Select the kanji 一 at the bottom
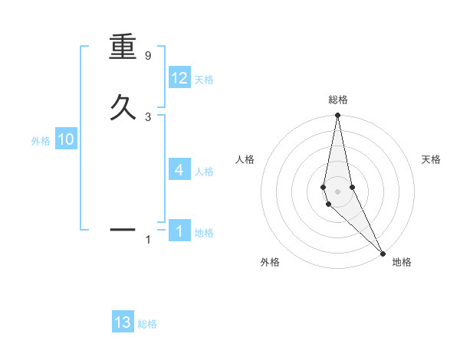pyautogui.click(x=123, y=228)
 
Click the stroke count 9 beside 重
pyautogui.click(x=148, y=56)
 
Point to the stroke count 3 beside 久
pyautogui.click(x=148, y=116)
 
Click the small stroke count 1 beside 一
pyautogui.click(x=148, y=241)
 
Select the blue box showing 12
pyautogui.click(x=179, y=78)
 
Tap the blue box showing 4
pyautogui.click(x=179, y=169)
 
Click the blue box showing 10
pyautogui.click(x=65, y=139)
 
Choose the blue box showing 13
pyautogui.click(x=123, y=322)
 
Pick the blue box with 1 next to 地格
pyautogui.click(x=179, y=231)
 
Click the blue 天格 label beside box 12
pyautogui.click(x=204, y=80)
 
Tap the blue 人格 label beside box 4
pyautogui.click(x=204, y=172)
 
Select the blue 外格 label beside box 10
pyautogui.click(x=41, y=141)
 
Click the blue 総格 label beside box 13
pyautogui.click(x=147, y=324)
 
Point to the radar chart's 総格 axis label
pyautogui.click(x=338, y=100)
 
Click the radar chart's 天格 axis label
pyautogui.click(x=432, y=159)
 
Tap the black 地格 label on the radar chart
pyautogui.click(x=402, y=262)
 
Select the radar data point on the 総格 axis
pyautogui.click(x=338, y=116)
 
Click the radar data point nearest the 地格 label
pyautogui.click(x=383, y=253)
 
